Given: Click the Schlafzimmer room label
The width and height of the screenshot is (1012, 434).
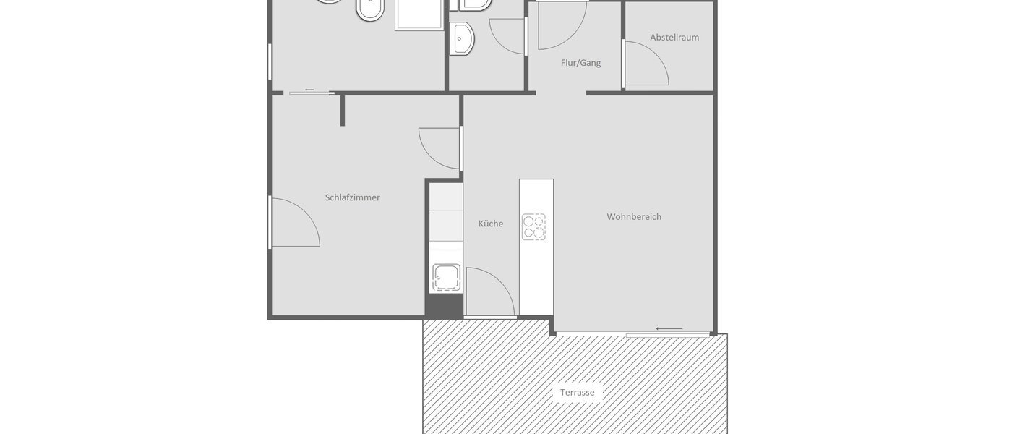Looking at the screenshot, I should click(352, 197).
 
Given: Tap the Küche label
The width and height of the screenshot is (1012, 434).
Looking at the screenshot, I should click(490, 224).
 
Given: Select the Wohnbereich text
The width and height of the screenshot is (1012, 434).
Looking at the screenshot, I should click(633, 216).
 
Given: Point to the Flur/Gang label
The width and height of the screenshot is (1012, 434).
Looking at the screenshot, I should click(580, 63).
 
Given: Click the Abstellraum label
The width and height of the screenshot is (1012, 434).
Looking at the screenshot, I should click(674, 38).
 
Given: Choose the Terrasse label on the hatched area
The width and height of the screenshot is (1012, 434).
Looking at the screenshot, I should click(577, 393).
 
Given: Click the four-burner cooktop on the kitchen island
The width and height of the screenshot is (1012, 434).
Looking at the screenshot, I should click(534, 227).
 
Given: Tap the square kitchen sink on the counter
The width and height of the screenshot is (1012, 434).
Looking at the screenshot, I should click(446, 278).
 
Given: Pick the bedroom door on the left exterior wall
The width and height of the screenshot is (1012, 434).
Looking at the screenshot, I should click(294, 222).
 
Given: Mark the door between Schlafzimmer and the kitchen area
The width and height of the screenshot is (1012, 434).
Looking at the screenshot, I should click(439, 148).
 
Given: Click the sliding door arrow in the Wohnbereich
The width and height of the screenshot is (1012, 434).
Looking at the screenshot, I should click(669, 329).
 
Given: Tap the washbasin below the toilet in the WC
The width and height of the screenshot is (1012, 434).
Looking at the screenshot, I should click(461, 38).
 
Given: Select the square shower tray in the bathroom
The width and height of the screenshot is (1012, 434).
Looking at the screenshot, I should click(419, 14).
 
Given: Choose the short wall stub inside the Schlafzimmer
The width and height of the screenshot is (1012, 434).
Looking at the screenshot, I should click(343, 110).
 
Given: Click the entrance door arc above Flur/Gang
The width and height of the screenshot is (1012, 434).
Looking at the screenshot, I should click(561, 25).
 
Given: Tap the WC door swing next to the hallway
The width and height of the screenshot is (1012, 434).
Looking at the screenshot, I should click(508, 35).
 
